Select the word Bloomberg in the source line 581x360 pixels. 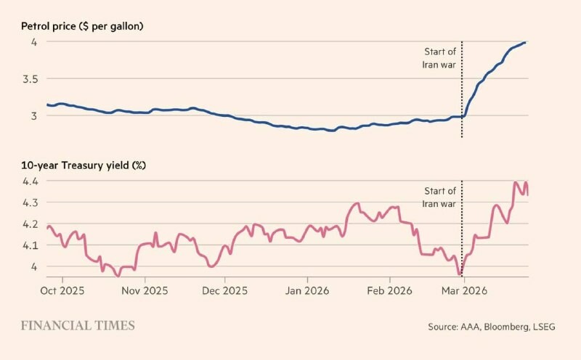[499, 327]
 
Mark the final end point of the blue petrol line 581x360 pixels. [525, 42]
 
